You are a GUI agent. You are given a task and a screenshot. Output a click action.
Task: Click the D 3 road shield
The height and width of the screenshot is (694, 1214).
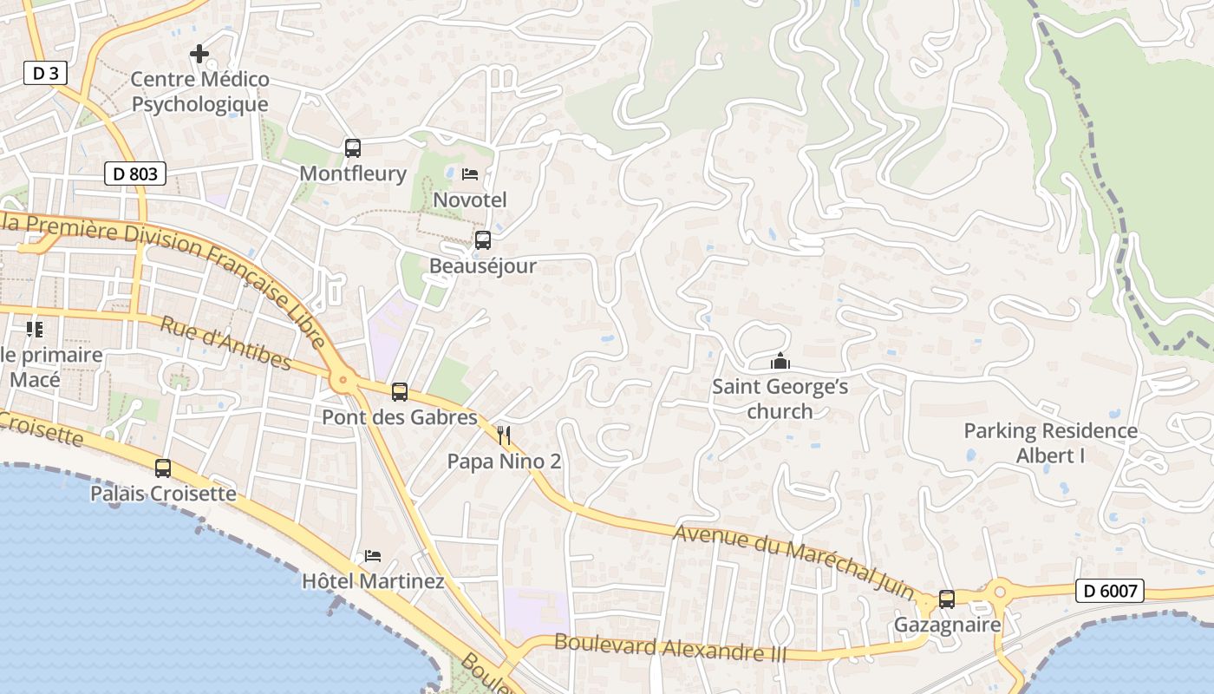(45, 74)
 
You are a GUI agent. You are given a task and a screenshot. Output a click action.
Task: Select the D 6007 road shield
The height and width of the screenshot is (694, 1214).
(1109, 592)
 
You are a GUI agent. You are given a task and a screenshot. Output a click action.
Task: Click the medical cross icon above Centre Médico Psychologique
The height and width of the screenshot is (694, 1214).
(199, 54)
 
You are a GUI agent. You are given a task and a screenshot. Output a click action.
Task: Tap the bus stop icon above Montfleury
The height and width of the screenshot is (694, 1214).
(352, 148)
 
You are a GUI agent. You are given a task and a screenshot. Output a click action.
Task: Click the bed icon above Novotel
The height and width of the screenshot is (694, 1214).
(470, 174)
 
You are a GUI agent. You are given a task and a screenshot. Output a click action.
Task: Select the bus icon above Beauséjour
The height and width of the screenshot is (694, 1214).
(483, 240)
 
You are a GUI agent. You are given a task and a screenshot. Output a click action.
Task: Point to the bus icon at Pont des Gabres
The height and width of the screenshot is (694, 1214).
(400, 392)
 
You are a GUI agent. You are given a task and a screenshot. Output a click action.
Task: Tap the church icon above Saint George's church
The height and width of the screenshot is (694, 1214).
(780, 361)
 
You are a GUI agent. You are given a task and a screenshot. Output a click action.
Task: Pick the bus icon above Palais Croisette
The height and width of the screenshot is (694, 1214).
(163, 468)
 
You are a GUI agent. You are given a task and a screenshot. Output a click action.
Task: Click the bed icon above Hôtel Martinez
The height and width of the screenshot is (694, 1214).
(373, 555)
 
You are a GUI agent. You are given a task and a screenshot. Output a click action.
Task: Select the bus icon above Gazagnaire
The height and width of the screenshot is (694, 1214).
(947, 599)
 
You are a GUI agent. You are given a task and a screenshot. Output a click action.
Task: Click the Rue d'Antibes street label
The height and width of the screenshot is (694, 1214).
(225, 343)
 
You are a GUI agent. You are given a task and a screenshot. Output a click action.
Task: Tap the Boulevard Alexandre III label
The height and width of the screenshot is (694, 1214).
(669, 647)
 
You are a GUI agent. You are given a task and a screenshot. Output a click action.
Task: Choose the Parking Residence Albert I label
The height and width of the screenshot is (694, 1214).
(1051, 442)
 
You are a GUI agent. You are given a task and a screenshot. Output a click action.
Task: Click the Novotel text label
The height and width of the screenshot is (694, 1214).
(470, 200)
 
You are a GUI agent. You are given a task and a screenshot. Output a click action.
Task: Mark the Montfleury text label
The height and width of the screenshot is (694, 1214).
(353, 173)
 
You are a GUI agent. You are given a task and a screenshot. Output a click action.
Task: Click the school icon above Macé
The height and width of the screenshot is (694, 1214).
(35, 329)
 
